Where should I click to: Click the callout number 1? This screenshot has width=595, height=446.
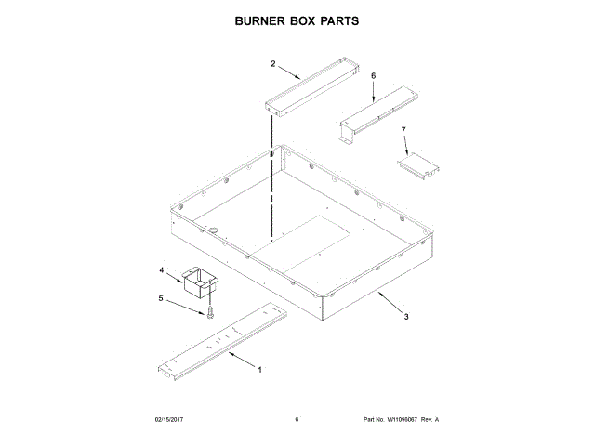coord(259,370)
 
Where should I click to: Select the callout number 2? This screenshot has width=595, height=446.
coord(273,64)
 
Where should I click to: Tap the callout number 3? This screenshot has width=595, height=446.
coord(405,317)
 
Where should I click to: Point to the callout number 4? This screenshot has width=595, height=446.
coord(162,271)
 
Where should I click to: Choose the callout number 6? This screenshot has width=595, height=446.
coord(373,75)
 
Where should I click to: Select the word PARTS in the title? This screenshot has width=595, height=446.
coord(333,20)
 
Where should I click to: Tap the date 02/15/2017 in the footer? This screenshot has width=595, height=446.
coord(170,420)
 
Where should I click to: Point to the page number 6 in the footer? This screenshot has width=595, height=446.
coord(297,420)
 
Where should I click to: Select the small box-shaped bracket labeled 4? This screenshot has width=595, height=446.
coord(196,282)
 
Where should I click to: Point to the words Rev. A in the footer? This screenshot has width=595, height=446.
coord(430,420)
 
